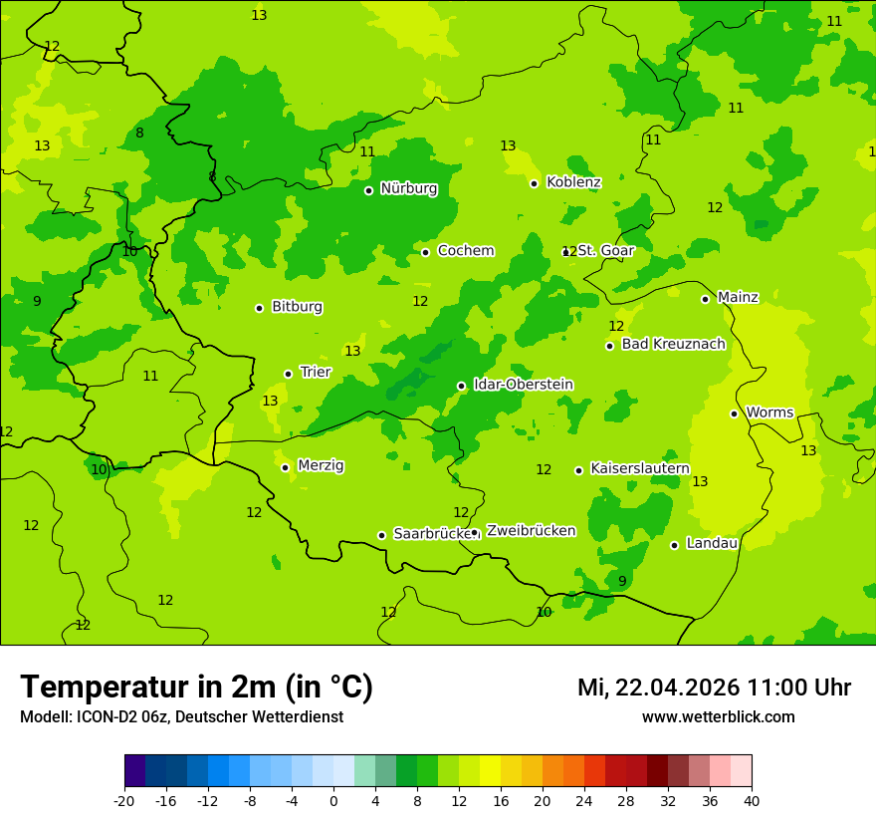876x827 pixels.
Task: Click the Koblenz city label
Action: (x=573, y=182)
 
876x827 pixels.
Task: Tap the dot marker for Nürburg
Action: (x=368, y=190)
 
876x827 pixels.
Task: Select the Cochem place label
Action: (x=465, y=251)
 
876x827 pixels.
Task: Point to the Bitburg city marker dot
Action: (x=259, y=308)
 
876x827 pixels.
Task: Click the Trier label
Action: (x=316, y=372)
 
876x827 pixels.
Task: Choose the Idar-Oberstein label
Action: (x=523, y=385)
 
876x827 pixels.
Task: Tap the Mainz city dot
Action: (x=705, y=299)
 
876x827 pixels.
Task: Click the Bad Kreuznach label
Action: (x=673, y=344)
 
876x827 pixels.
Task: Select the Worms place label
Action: (x=769, y=413)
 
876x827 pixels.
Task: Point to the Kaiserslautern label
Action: (x=640, y=468)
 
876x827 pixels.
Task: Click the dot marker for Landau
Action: (x=674, y=545)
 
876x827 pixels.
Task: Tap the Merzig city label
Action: (x=321, y=465)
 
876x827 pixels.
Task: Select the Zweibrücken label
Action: (x=531, y=531)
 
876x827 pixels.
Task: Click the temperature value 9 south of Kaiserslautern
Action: (x=622, y=581)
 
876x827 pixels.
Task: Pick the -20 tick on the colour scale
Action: (x=124, y=800)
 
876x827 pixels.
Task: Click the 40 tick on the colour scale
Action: (x=752, y=800)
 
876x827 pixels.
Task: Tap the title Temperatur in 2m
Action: (x=196, y=687)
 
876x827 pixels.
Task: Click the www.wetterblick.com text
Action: (x=718, y=717)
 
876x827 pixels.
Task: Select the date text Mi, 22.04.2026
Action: (x=658, y=688)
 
